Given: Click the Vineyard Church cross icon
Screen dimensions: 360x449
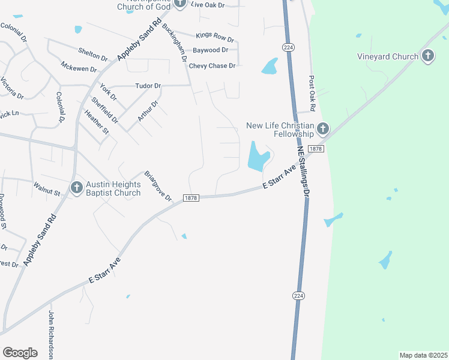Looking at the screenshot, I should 427,57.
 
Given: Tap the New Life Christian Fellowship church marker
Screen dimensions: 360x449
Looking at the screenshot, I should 323,128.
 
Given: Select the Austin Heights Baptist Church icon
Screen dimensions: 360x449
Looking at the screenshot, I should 76,188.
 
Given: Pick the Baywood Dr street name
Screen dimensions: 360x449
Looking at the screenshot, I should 210,50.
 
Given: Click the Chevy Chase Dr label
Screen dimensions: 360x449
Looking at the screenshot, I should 212,66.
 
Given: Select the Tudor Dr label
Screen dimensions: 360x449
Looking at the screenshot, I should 148,86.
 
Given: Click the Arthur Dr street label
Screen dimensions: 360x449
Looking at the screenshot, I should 147,111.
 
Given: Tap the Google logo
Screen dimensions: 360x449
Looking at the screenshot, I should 20,352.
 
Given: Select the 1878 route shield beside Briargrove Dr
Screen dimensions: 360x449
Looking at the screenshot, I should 191,198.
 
